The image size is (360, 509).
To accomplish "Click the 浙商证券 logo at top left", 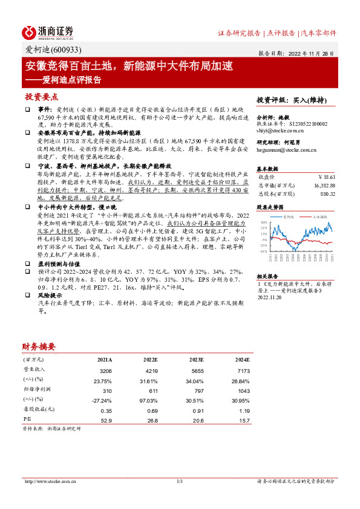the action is point(48,32).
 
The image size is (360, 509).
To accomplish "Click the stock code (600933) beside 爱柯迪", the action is point(66,50).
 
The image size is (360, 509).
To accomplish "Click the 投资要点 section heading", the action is point(42,96).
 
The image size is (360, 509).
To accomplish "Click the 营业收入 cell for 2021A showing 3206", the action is point(105,370).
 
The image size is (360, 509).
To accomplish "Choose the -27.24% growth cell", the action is point(103,400).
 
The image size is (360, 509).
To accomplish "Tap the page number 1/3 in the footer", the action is point(180,482).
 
